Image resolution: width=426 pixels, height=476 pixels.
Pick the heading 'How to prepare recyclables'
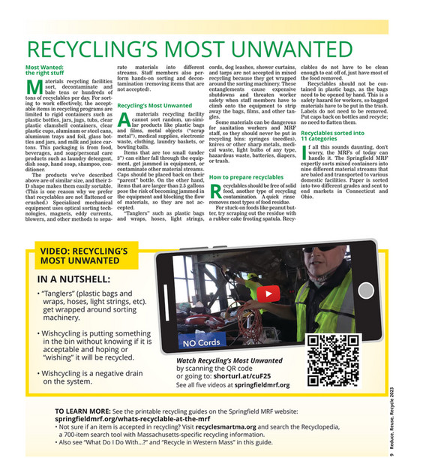pos(246,177)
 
